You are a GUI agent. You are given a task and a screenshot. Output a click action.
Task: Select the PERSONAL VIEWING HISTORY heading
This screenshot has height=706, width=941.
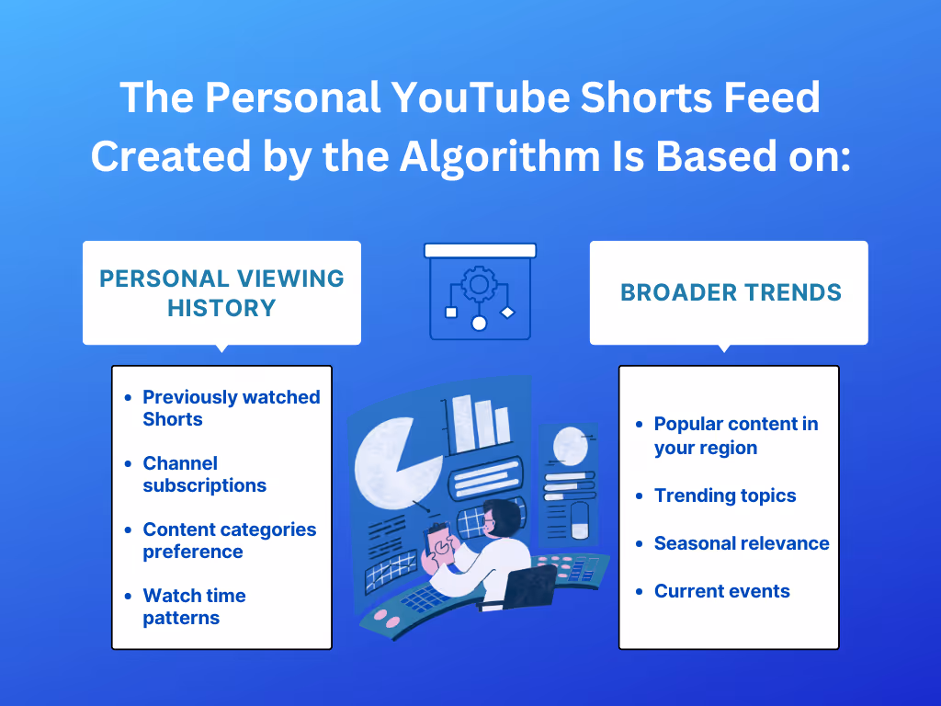[221, 293]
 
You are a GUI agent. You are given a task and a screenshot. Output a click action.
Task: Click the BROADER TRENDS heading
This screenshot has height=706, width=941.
[731, 292]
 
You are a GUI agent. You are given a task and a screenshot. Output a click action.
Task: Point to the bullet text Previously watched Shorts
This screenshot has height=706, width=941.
[231, 407]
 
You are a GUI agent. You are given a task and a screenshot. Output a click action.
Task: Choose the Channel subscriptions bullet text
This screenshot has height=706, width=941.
[204, 473]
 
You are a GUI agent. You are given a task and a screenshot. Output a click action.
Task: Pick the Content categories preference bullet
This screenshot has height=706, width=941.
[229, 541]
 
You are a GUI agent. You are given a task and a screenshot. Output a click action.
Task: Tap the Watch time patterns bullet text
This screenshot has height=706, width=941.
[194, 607]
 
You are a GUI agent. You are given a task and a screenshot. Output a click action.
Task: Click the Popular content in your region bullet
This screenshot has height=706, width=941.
[736, 436]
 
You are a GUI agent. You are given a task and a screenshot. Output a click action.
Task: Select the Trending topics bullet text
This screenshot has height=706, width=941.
[725, 495]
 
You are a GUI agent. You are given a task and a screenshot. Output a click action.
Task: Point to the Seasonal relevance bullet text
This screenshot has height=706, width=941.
[742, 542]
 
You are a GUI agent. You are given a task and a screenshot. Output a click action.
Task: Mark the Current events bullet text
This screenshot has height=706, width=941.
[722, 591]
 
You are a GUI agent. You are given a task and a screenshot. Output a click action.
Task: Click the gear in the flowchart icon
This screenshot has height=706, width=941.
[479, 283]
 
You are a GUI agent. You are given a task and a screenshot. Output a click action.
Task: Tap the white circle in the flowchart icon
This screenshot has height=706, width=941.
[479, 324]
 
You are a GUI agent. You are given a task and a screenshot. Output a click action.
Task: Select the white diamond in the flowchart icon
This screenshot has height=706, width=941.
[507, 313]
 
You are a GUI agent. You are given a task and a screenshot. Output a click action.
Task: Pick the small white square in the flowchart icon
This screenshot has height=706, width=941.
[451, 313]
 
